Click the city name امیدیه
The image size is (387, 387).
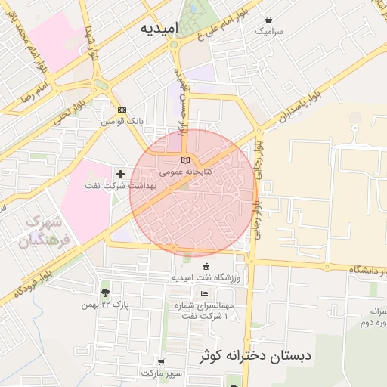pyautogui.click(x=159, y=29)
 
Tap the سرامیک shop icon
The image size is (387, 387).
pyautogui.click(x=269, y=20)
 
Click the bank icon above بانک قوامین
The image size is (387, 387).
pyautogui.click(x=122, y=110)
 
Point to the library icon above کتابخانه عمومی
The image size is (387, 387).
pyautogui.click(x=186, y=160)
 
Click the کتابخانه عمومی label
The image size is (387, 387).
pyautogui.click(x=186, y=172)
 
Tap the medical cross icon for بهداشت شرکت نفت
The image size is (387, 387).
pyautogui.click(x=120, y=175)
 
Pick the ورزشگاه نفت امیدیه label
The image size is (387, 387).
pyautogui.click(x=206, y=277)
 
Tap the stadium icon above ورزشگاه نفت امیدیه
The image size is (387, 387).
pyautogui.click(x=206, y=265)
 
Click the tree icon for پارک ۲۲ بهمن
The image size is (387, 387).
pyautogui.click(x=104, y=293)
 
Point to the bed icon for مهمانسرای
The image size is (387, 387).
pyautogui.click(x=205, y=293)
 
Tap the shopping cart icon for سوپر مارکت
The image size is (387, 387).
pyautogui.click(x=160, y=362)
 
